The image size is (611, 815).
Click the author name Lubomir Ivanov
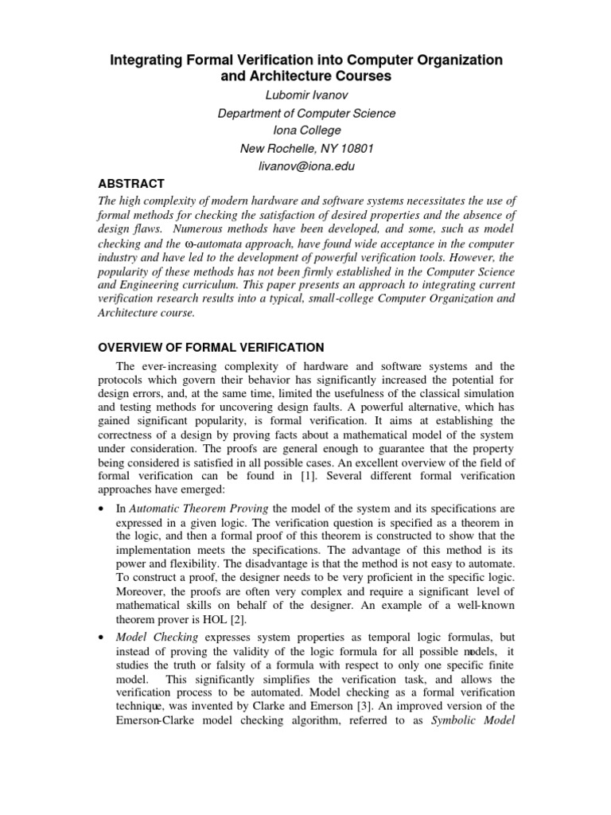(x=306, y=96)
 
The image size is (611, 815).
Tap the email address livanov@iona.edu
(x=306, y=166)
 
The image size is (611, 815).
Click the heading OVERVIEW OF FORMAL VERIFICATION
(x=210, y=347)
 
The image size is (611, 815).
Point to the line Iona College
(x=306, y=131)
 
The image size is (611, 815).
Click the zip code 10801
(x=356, y=149)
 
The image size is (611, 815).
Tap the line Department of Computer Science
(x=306, y=113)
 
